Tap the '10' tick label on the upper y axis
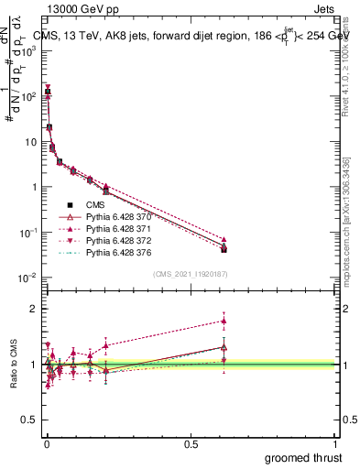28,142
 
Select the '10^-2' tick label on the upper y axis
27,277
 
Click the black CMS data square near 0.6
224,249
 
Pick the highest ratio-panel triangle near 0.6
224,321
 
